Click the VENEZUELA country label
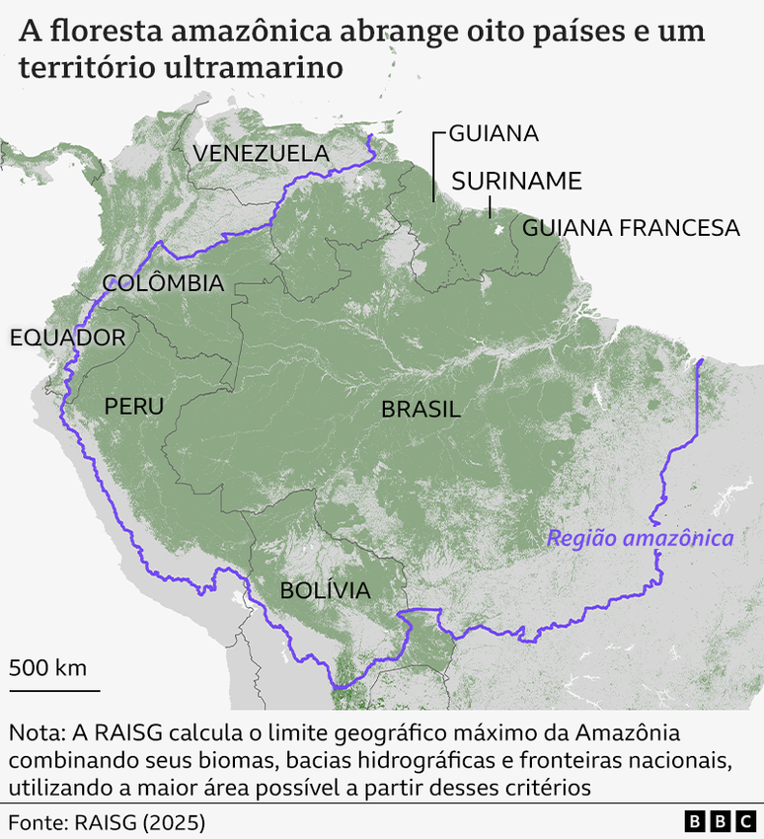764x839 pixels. (261, 153)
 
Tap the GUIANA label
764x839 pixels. (493, 133)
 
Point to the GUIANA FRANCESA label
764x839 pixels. (631, 228)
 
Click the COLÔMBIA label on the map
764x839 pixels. (163, 283)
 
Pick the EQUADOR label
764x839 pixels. (67, 338)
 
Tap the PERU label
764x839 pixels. (133, 406)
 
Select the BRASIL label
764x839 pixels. (420, 409)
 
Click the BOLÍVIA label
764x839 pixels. (325, 590)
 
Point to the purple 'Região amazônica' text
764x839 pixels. (640, 538)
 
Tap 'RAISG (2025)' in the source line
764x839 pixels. (142, 821)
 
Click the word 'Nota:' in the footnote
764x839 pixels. (37, 734)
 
